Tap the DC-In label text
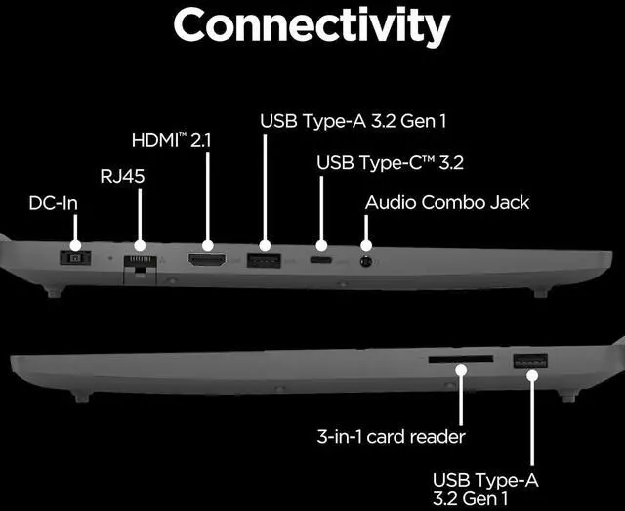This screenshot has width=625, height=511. pos(53,205)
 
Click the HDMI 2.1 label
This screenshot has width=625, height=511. pos(172,140)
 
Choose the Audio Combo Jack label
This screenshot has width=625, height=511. pos(446,203)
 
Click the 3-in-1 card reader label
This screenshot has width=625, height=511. pos(390,436)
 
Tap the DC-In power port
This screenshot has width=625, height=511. pos(72,257)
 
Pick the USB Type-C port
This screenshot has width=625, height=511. pos(319,261)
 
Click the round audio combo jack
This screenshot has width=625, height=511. pos(367,260)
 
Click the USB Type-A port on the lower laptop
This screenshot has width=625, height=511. pos(529,361)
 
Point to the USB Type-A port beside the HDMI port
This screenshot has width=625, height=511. pos(263,260)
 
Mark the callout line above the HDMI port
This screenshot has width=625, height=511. pos(207,194)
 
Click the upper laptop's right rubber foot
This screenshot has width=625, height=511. pos(539,291)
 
